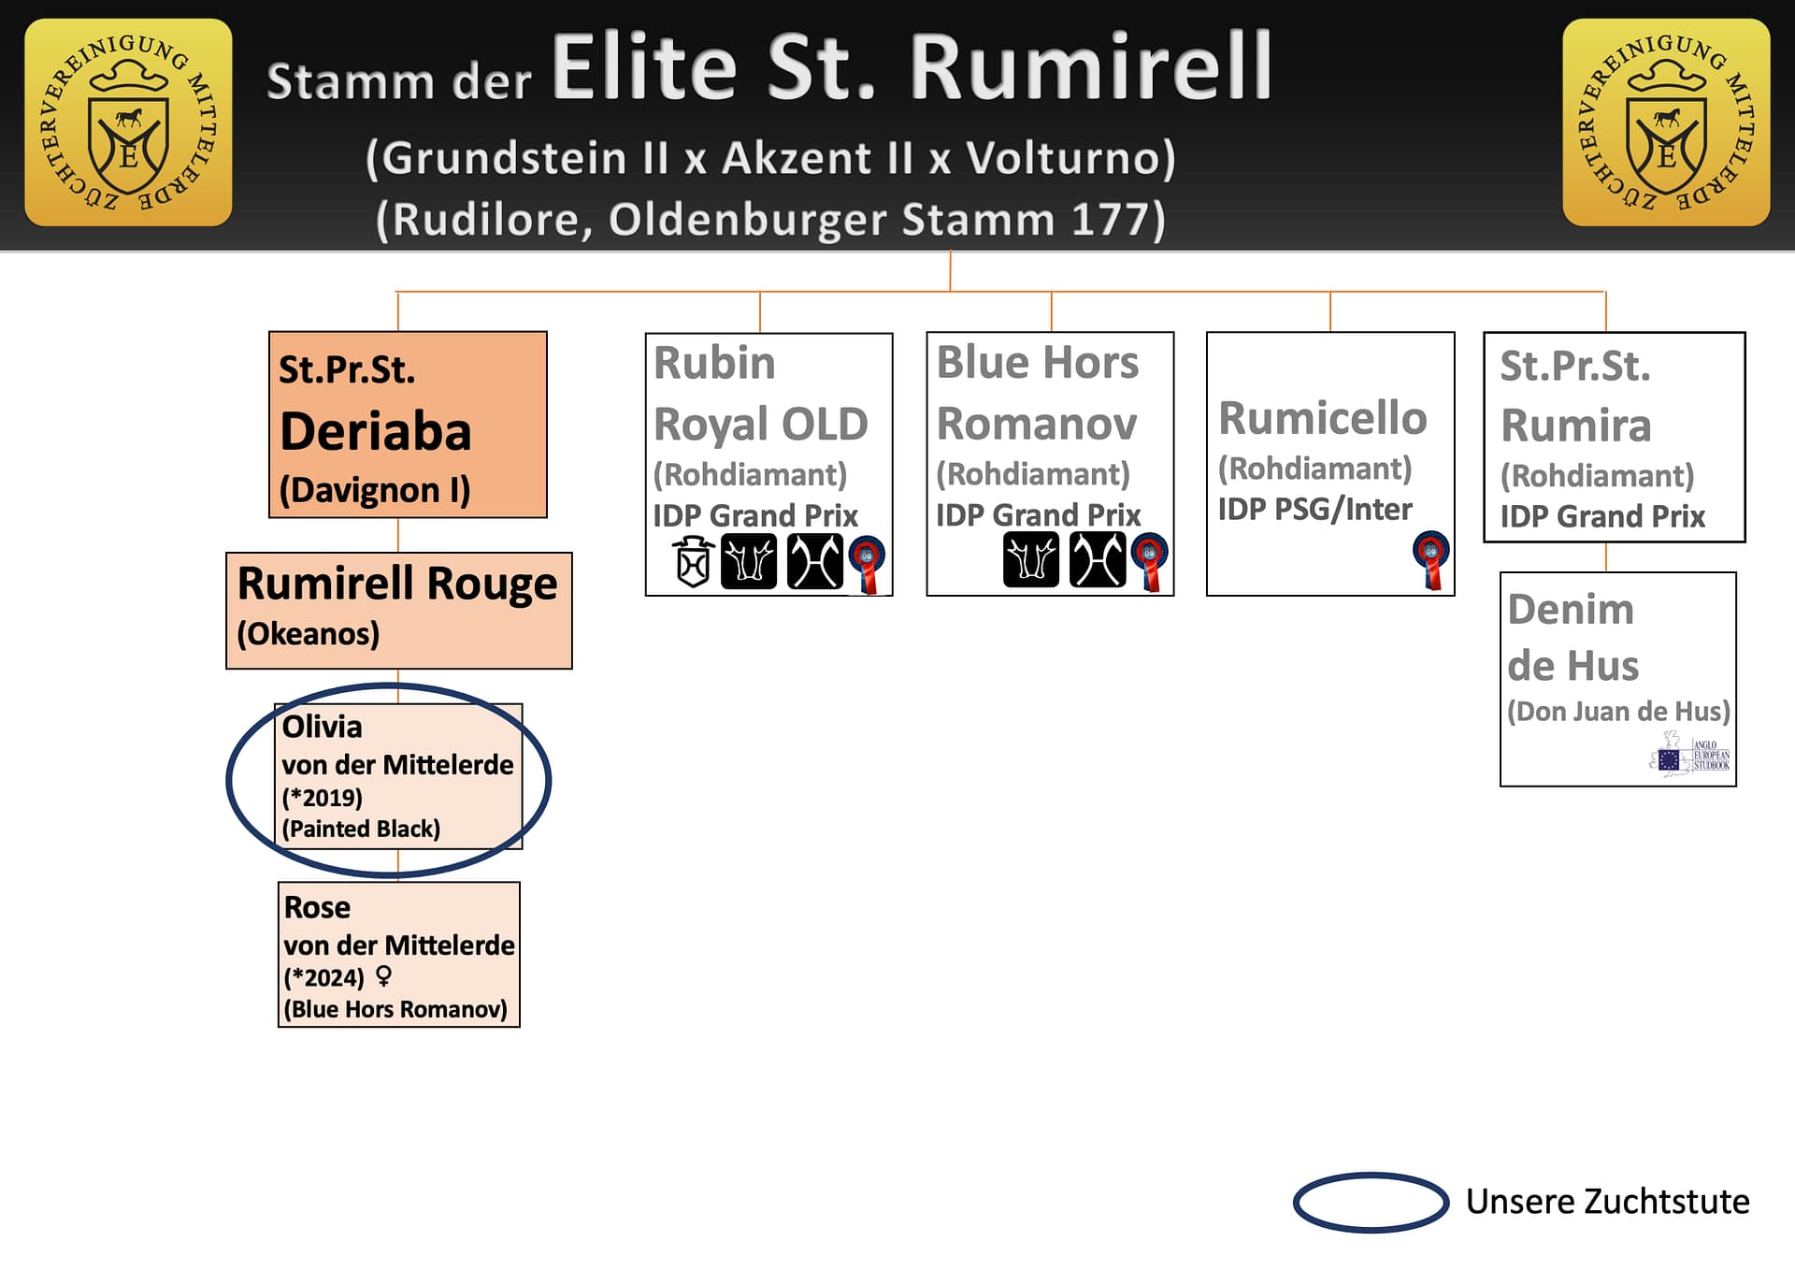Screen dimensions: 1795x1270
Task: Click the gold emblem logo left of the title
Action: click(x=128, y=123)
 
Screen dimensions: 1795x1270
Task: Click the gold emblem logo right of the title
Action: click(x=1666, y=123)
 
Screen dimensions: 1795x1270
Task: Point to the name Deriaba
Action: click(x=376, y=431)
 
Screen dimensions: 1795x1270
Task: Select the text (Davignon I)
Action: click(x=375, y=490)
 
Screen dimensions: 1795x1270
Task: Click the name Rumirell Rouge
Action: click(x=397, y=584)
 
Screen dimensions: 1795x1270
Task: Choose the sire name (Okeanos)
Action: click(x=309, y=634)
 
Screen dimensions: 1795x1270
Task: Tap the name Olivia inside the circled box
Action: click(x=322, y=727)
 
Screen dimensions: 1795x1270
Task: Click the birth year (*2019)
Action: click(x=323, y=798)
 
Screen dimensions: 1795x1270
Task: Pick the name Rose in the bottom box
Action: click(x=317, y=907)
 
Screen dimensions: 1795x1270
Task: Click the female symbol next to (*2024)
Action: click(x=383, y=976)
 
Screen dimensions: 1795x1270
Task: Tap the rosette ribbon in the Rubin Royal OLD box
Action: click(x=868, y=564)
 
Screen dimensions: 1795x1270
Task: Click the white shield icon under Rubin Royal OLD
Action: click(x=694, y=562)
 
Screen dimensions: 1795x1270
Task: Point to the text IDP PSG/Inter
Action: click(x=1314, y=510)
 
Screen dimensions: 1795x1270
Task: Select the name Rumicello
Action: click(x=1323, y=418)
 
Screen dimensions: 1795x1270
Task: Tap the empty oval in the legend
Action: click(x=1371, y=1202)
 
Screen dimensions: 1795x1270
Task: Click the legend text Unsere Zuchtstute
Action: click(x=1607, y=1202)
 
